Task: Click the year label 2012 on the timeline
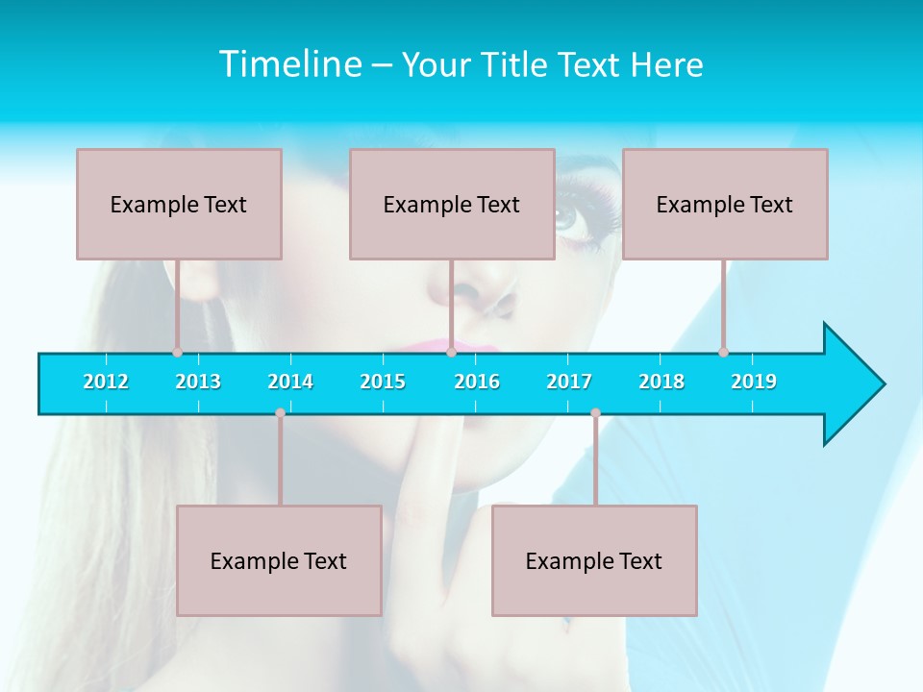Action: click(x=106, y=382)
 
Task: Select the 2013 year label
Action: click(x=198, y=382)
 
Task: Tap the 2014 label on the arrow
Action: click(x=290, y=382)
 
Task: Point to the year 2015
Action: click(x=383, y=382)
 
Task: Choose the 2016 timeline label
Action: click(x=477, y=382)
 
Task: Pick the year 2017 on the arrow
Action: click(x=569, y=382)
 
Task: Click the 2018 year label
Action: click(x=661, y=382)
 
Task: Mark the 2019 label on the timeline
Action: click(x=754, y=382)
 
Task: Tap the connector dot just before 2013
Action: click(x=177, y=352)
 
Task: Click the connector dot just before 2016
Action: click(x=451, y=352)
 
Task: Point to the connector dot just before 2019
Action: click(x=723, y=352)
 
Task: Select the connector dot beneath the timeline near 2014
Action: click(x=280, y=413)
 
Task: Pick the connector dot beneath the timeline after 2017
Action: click(x=595, y=413)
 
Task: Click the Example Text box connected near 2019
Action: click(x=725, y=204)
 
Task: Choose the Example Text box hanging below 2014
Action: click(x=279, y=560)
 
